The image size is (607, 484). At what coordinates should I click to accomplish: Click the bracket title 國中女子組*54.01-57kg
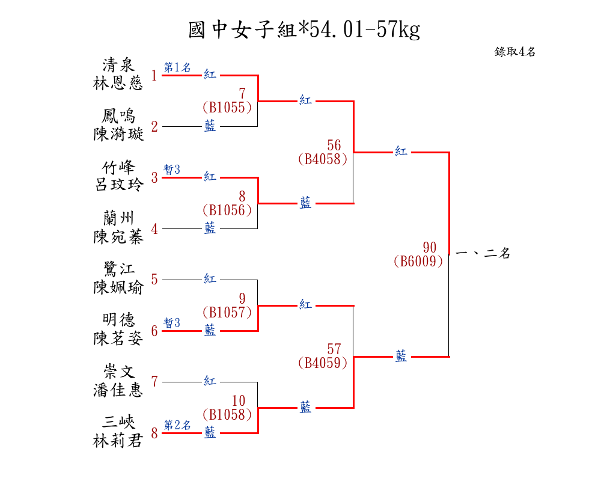pyautogui.click(x=303, y=29)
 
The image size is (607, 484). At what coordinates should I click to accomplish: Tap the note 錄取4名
pyautogui.click(x=515, y=52)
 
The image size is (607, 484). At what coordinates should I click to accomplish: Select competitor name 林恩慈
pyautogui.click(x=118, y=84)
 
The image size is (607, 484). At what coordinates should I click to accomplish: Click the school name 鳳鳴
pyautogui.click(x=118, y=115)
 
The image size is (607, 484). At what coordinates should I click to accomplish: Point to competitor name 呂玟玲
pyautogui.click(x=118, y=185)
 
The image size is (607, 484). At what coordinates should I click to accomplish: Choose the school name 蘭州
pyautogui.click(x=118, y=218)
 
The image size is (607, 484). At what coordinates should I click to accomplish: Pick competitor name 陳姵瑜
pyautogui.click(x=118, y=287)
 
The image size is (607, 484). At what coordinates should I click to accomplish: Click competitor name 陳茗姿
pyautogui.click(x=118, y=339)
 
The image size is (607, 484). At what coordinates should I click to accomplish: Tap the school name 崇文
pyautogui.click(x=118, y=371)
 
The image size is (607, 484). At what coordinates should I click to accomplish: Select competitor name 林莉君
pyautogui.click(x=118, y=441)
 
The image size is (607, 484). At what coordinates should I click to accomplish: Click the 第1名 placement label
pyautogui.click(x=177, y=67)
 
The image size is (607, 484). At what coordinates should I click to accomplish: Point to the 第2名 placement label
pyautogui.click(x=177, y=425)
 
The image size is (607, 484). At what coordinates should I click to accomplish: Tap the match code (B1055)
pyautogui.click(x=227, y=108)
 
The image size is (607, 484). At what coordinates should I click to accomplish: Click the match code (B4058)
pyautogui.click(x=322, y=159)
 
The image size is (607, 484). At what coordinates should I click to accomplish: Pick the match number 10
pyautogui.click(x=239, y=400)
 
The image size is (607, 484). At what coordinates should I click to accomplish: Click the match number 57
pyautogui.click(x=334, y=349)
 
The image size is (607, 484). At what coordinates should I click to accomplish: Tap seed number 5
pyautogui.click(x=154, y=280)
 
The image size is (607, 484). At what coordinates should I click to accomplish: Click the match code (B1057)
pyautogui.click(x=227, y=312)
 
